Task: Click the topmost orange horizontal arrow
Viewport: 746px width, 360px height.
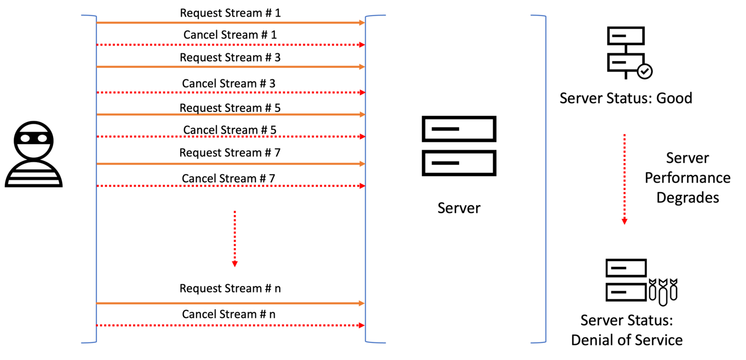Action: pos(231,23)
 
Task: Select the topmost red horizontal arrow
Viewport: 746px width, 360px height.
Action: pos(231,45)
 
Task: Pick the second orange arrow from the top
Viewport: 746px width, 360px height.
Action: pos(231,67)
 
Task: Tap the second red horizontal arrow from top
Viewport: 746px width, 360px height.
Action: pos(231,93)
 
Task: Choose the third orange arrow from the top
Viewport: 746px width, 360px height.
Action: pos(231,114)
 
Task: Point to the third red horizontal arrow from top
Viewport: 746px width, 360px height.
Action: pos(231,137)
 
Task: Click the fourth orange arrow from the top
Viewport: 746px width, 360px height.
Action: pos(231,164)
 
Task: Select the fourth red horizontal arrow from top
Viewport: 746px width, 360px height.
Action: pos(231,186)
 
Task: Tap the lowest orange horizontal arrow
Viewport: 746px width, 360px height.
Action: pos(231,303)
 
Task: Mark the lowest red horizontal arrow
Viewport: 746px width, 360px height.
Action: pos(231,325)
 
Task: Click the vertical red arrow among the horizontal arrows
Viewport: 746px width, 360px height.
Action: pos(235,238)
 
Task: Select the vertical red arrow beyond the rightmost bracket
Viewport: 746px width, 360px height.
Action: pos(624,179)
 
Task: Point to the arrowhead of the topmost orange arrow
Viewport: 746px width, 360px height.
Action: pos(362,23)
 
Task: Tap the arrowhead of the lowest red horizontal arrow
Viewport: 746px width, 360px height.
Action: pos(362,325)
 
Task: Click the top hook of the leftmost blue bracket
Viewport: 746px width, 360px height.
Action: pos(88,16)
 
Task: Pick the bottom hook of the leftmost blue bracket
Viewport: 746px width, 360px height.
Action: pos(88,342)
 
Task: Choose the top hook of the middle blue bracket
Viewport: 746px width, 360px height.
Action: pos(376,16)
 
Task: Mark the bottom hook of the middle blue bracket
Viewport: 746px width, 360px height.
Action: pos(376,342)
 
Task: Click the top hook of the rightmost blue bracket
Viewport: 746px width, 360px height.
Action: pos(538,16)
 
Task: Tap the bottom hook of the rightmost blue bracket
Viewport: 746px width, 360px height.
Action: pos(538,342)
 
